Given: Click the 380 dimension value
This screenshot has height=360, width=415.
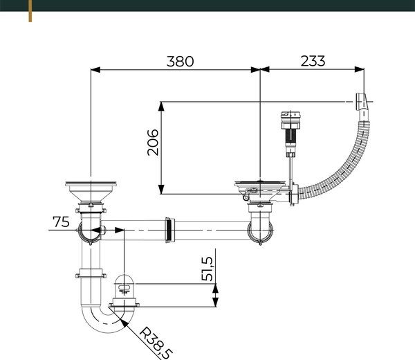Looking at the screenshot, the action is tap(181, 61).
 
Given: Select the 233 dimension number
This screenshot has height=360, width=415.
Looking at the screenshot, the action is tap(313, 61).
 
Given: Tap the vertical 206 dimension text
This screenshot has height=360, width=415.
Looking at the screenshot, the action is tap(153, 142).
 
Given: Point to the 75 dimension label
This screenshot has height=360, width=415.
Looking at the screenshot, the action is tap(61, 222).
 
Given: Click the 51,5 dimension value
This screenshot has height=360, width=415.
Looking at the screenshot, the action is tap(207, 269).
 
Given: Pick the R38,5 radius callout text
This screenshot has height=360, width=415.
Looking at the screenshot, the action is tap(156, 343).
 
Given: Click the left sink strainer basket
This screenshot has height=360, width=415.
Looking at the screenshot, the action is tap(91, 192).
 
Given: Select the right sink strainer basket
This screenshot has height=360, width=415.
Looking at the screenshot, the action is tap(260, 191).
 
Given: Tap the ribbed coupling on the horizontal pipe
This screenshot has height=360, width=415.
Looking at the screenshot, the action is tap(170, 231).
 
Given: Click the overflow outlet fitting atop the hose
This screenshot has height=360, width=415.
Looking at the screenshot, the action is tap(362, 102).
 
